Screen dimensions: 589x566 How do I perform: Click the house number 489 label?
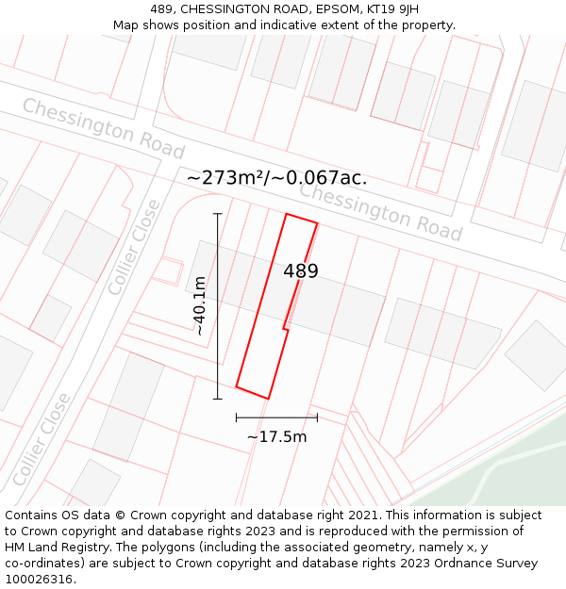[x=301, y=271]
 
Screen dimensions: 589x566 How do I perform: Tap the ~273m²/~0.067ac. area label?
[x=276, y=178]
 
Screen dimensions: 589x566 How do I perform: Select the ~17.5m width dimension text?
[x=276, y=436]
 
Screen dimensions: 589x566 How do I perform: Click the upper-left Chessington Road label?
[x=103, y=128]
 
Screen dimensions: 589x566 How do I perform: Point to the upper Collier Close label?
[x=134, y=247]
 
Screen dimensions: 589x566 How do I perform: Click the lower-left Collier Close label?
[x=43, y=439]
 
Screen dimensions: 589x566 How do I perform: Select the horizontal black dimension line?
[x=276, y=417]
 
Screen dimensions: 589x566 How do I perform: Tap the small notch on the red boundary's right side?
[x=285, y=328]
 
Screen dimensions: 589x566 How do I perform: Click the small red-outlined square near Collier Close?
[x=166, y=271]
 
